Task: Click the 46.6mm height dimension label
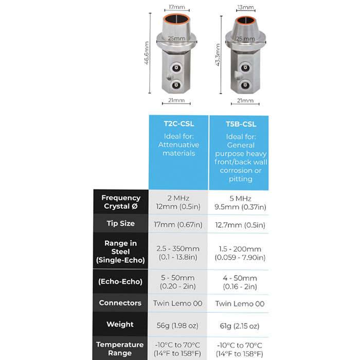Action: (x=147, y=53)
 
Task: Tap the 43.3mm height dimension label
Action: (x=218, y=55)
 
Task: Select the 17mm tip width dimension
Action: (x=177, y=7)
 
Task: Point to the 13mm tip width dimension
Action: (x=245, y=7)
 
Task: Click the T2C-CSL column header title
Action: (x=179, y=124)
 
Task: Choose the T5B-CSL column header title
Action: (x=241, y=124)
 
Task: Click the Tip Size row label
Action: (x=120, y=223)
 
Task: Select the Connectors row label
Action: (x=120, y=303)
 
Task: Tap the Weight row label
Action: (x=120, y=324)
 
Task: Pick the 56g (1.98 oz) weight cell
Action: (x=177, y=326)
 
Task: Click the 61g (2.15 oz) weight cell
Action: (x=240, y=326)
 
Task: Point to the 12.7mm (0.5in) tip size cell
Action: (x=240, y=225)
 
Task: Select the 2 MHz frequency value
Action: (x=178, y=198)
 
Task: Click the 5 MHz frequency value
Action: (x=240, y=199)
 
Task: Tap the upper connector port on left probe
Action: (x=176, y=68)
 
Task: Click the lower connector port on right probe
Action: (x=245, y=86)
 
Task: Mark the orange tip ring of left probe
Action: (x=176, y=15)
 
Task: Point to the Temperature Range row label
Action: (x=120, y=349)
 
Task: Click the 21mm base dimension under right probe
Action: (x=245, y=101)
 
